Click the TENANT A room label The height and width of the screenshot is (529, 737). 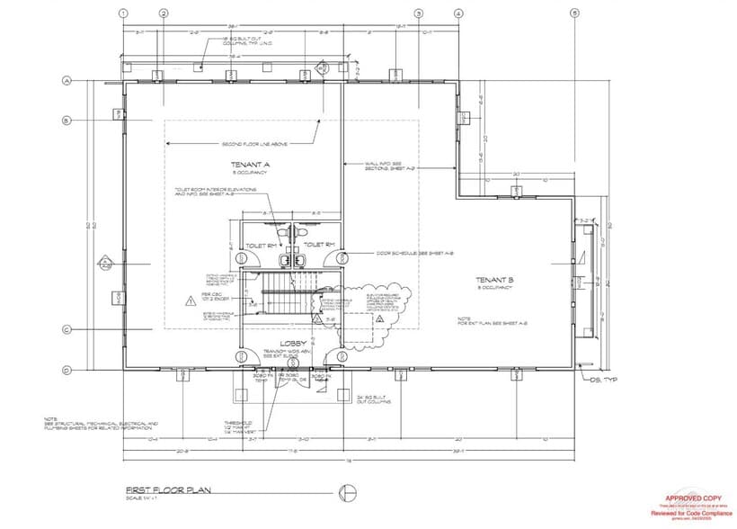click(251, 165)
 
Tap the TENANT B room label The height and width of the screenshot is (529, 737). click(494, 281)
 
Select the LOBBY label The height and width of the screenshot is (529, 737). click(293, 344)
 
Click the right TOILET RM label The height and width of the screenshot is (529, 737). click(319, 244)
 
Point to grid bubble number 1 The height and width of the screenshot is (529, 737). click(123, 13)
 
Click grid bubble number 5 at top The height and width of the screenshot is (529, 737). click(574, 13)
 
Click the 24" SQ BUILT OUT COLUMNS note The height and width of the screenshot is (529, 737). click(377, 399)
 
